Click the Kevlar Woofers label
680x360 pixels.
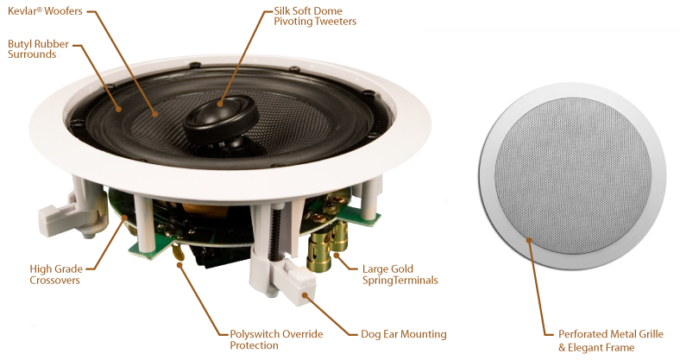coord(45,11)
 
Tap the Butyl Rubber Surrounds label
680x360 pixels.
coord(38,49)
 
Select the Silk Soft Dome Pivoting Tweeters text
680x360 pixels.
coord(315,16)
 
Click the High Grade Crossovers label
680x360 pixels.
coord(56,275)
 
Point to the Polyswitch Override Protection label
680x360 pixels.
coord(276,339)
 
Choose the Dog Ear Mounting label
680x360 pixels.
coord(403,334)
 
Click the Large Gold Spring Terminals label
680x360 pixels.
coord(400,275)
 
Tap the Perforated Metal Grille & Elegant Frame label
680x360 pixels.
coord(611,341)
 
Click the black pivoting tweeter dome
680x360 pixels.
coord(221,119)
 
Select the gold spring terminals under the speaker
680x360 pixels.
coord(326,246)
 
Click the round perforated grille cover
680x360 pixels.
coord(572,175)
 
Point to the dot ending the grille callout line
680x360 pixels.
coord(529,239)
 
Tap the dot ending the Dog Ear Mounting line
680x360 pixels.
coord(305,295)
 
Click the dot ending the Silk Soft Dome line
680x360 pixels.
coord(220,104)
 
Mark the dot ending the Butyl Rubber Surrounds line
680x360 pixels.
coord(117,109)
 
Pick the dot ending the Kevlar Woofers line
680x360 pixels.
coord(154,114)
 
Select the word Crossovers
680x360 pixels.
coord(54,281)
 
